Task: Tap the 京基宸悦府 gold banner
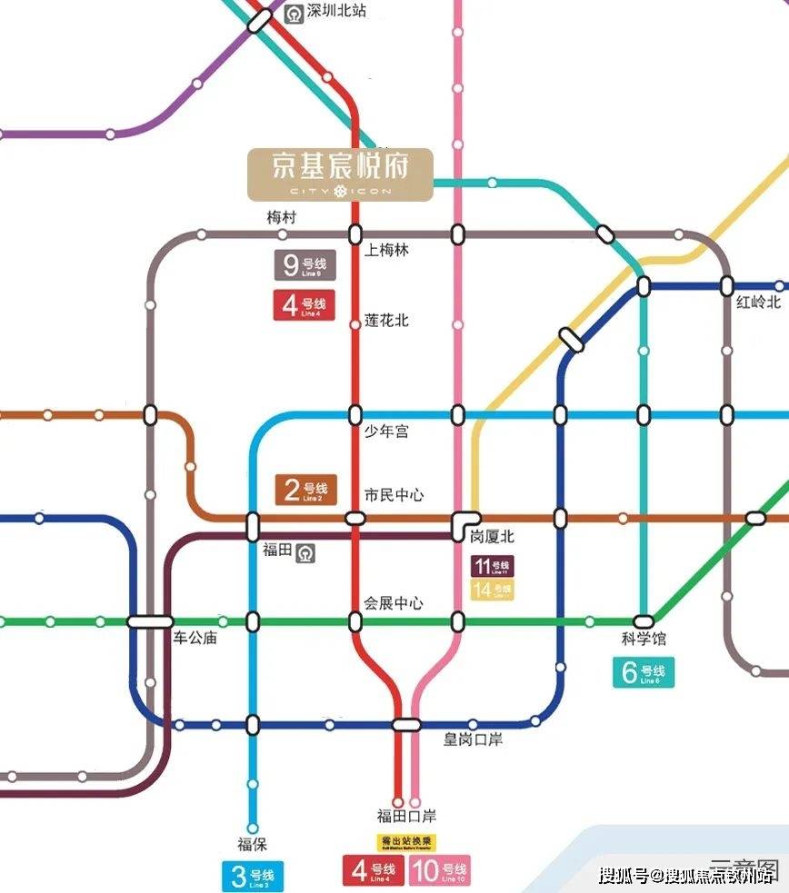click(341, 174)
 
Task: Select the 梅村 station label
click(281, 218)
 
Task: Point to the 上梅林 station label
click(386, 251)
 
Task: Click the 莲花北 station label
click(386, 321)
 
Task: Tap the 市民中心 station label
click(394, 496)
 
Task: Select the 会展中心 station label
click(394, 603)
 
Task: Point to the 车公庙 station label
click(195, 638)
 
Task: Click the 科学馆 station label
click(644, 640)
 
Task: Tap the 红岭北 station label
click(758, 303)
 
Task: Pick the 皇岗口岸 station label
click(473, 739)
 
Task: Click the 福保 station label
click(252, 845)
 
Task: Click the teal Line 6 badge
click(644, 673)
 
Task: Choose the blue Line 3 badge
click(254, 877)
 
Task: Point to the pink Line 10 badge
click(441, 871)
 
